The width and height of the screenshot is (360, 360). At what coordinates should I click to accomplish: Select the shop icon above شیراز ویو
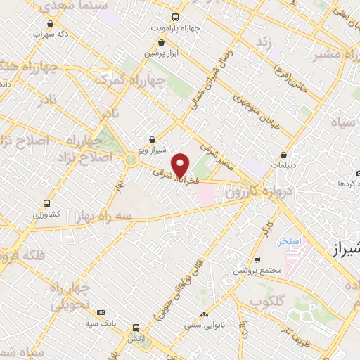(153, 139)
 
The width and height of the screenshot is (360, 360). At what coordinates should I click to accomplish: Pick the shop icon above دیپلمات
(283, 155)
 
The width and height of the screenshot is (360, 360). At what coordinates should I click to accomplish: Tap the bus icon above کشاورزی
(46, 201)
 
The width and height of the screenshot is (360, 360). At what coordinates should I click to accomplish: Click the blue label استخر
(289, 241)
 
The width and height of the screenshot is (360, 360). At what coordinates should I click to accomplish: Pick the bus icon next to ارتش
(136, 328)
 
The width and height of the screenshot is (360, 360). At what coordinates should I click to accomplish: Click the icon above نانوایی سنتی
(204, 315)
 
